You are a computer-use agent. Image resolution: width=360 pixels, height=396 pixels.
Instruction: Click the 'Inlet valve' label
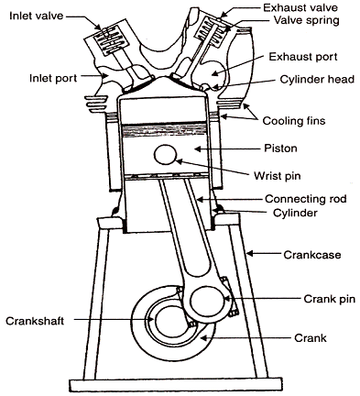click(x=37, y=16)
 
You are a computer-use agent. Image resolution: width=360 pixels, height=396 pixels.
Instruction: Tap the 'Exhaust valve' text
click(x=300, y=7)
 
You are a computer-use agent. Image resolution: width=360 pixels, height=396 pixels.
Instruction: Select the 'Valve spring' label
click(x=306, y=20)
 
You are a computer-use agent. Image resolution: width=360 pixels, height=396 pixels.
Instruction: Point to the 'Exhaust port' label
click(x=303, y=57)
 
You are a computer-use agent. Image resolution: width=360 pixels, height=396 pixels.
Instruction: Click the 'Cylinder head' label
click(x=317, y=80)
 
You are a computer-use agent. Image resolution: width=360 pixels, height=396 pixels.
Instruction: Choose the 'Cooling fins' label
click(x=294, y=121)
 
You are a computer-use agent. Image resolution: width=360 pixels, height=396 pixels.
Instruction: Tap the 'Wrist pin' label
click(x=278, y=176)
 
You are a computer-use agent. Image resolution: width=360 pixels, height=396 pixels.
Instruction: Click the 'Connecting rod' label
click(x=306, y=199)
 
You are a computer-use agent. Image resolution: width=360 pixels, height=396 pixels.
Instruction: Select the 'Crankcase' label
click(x=312, y=255)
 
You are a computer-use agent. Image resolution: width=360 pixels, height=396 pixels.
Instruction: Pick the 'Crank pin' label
click(x=330, y=299)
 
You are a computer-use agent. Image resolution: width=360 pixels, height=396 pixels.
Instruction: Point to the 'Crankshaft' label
click(x=35, y=321)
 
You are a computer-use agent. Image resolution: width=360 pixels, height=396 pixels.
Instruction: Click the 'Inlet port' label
click(x=53, y=78)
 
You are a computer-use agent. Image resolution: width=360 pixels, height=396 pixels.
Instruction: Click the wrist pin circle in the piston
click(x=166, y=155)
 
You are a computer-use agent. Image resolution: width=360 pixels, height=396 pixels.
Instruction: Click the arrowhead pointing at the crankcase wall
click(x=250, y=253)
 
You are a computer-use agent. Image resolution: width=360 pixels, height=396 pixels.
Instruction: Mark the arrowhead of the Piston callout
click(x=198, y=148)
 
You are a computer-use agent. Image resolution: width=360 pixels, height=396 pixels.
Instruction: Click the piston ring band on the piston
click(x=162, y=129)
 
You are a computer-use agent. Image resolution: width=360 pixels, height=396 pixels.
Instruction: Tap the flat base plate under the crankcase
click(x=175, y=386)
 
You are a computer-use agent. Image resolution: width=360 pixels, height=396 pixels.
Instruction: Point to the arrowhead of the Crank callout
click(x=203, y=337)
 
